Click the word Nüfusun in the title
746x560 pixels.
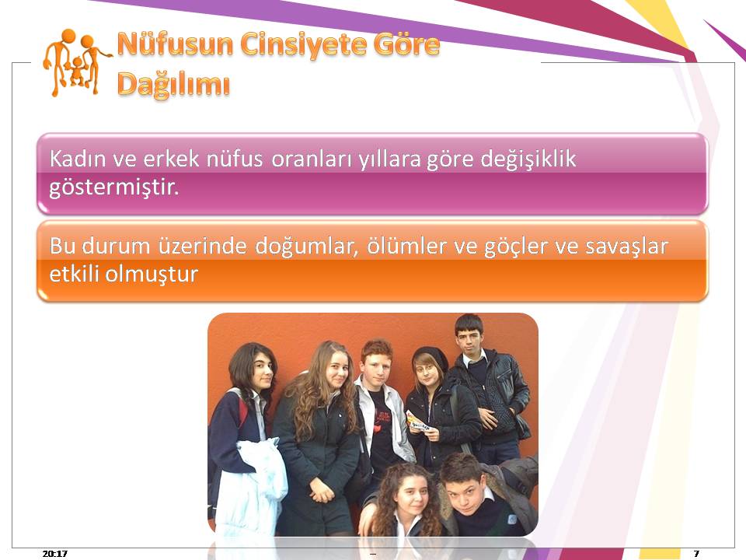coord(175,44)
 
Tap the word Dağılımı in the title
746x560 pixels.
coord(173,85)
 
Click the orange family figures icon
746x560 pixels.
coord(76,62)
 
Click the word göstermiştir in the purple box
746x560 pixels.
coord(113,187)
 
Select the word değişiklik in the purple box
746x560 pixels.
coord(528,159)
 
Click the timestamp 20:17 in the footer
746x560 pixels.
coord(54,553)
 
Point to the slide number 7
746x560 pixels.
coord(696,553)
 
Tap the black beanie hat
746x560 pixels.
coord(431,358)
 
